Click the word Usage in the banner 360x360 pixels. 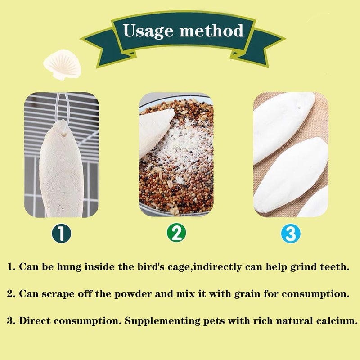(x=148, y=31)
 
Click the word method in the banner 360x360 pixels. (x=211, y=30)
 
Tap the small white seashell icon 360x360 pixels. (x=62, y=65)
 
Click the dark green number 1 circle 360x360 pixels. (x=61, y=233)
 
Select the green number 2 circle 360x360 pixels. (x=176, y=232)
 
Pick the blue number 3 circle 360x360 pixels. (x=291, y=234)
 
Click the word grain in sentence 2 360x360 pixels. (x=247, y=294)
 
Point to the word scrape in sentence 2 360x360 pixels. (x=58, y=294)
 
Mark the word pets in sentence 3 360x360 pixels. (x=214, y=321)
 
